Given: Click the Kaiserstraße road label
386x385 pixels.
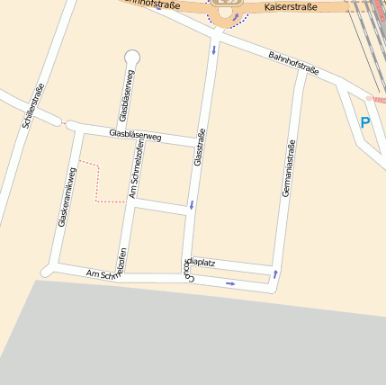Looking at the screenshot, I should [x=293, y=7].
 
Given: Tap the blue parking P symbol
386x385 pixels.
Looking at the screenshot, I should [x=364, y=122].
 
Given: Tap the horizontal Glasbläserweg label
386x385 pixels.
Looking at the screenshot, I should [x=134, y=136].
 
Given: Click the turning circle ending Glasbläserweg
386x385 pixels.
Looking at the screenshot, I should [x=132, y=58].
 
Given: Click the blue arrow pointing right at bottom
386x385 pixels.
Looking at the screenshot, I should [x=230, y=284].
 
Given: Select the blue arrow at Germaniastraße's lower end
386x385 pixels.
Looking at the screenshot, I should [x=275, y=273].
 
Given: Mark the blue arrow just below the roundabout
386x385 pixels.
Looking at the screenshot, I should [x=214, y=49].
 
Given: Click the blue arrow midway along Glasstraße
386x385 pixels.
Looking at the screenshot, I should [x=191, y=206].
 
